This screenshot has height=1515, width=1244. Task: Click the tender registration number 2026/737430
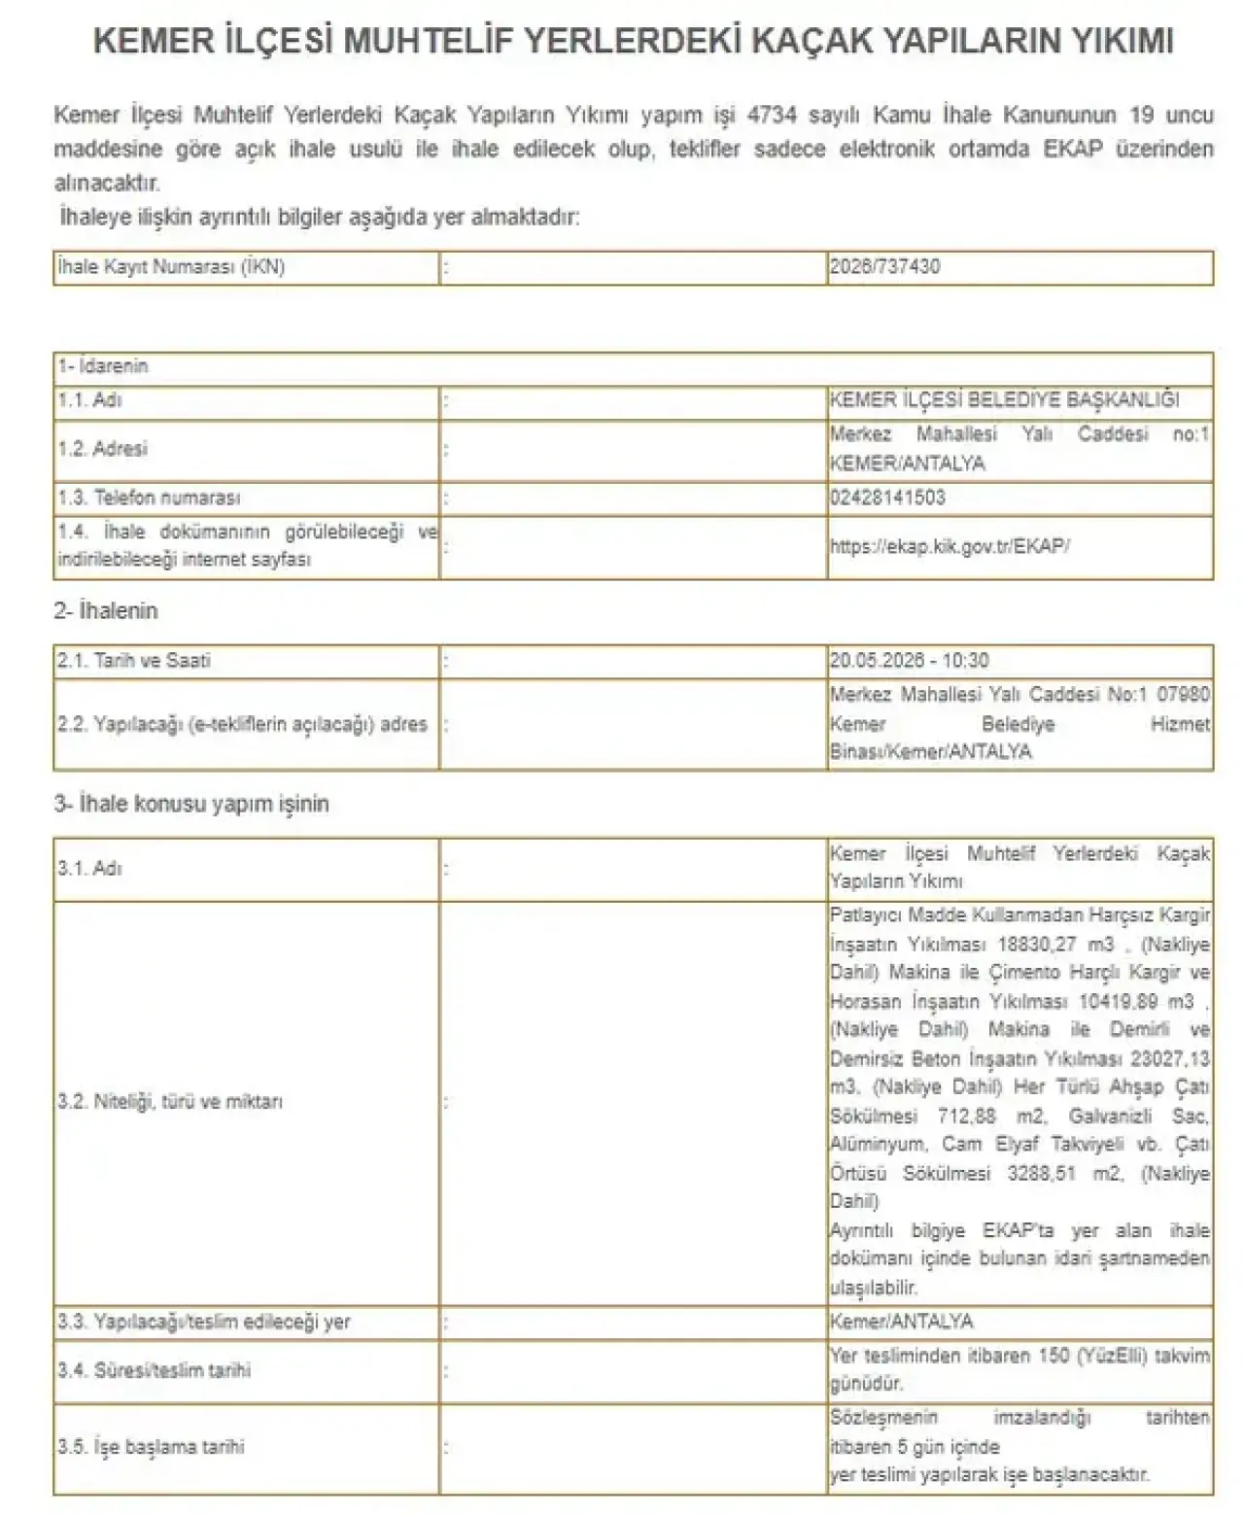pos(884,267)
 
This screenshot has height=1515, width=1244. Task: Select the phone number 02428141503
pos(887,498)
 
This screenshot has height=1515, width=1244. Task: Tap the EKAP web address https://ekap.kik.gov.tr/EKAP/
pos(950,546)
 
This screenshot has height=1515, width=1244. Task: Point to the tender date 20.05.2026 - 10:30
pos(909,661)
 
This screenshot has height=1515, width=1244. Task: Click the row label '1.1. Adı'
pos(89,400)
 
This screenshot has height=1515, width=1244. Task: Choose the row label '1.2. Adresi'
pos(102,449)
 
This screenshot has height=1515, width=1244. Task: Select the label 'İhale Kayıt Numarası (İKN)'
pos(171,267)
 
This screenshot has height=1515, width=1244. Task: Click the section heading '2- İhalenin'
pos(105,610)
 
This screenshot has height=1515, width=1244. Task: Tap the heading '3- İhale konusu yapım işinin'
pos(191,804)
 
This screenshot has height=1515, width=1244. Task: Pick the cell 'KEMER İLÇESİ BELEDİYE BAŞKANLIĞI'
pos(1004,400)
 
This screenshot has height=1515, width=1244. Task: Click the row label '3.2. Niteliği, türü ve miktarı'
pos(170,1102)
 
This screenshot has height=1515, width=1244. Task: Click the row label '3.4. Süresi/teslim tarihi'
pos(154,1370)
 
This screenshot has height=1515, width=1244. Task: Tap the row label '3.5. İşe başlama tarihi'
pos(151,1447)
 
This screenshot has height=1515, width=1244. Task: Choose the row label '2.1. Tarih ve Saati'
pos(133,661)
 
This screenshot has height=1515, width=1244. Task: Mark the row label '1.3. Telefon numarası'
pos(149,498)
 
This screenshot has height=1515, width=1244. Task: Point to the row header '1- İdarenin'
pos(103,367)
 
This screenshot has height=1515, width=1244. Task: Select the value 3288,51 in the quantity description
pos(1041,1173)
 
